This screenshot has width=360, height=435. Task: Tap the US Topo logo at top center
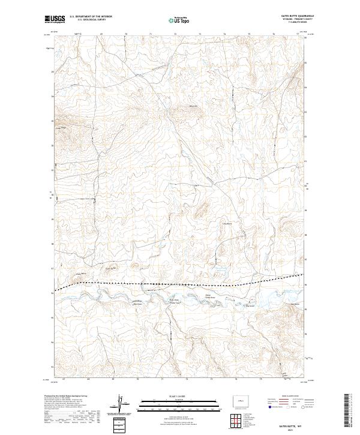180,20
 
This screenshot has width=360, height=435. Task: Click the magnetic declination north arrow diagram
120,403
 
